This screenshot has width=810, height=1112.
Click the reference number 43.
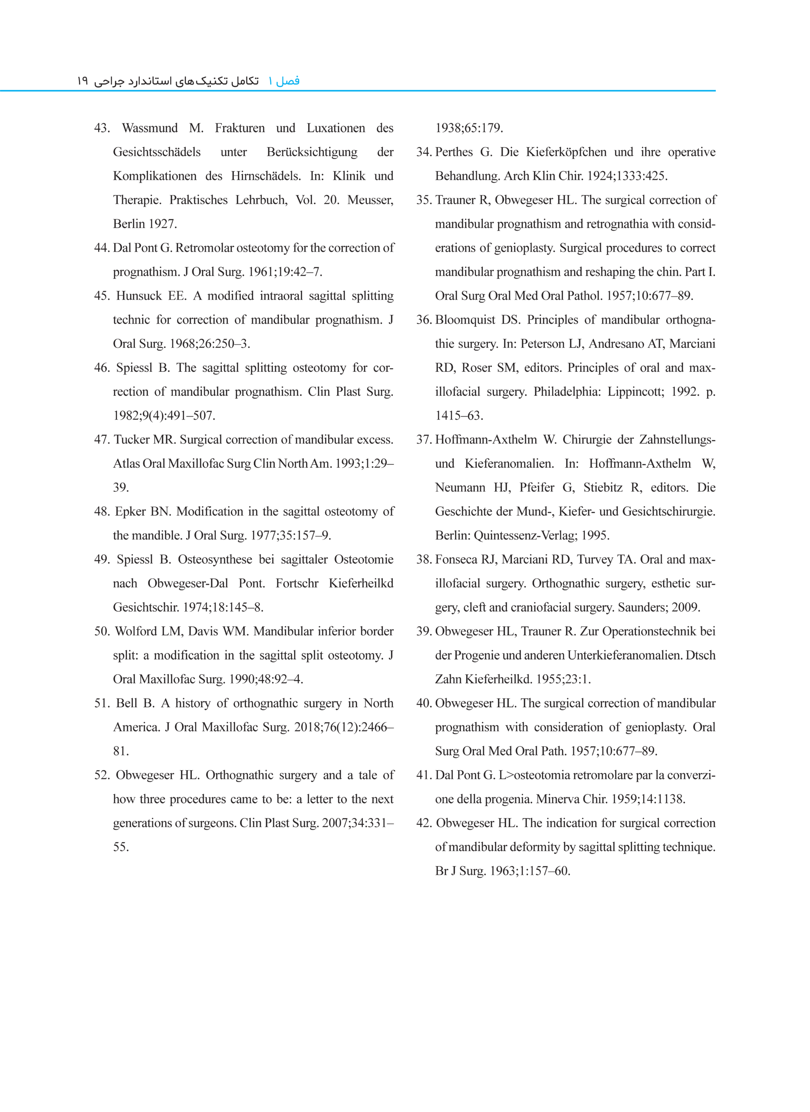(x=102, y=128)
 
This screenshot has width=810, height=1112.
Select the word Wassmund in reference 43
(x=150, y=128)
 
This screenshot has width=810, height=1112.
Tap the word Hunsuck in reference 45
(x=139, y=296)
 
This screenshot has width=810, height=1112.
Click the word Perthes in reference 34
(x=454, y=152)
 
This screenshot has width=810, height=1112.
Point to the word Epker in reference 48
(x=130, y=511)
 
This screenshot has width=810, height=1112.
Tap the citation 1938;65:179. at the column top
(x=469, y=128)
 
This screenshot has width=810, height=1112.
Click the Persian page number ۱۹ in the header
(x=82, y=81)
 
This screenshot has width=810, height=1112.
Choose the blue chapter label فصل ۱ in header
(x=284, y=81)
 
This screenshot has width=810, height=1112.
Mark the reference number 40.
(x=423, y=703)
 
